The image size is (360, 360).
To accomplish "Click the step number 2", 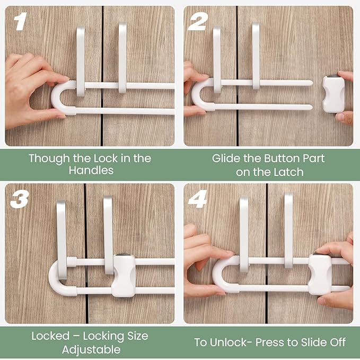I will pyautogui.click(x=197, y=22).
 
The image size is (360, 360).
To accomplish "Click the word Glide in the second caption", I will pyautogui.click(x=225, y=158).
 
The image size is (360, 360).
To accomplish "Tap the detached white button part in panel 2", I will pyautogui.click(x=333, y=93).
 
